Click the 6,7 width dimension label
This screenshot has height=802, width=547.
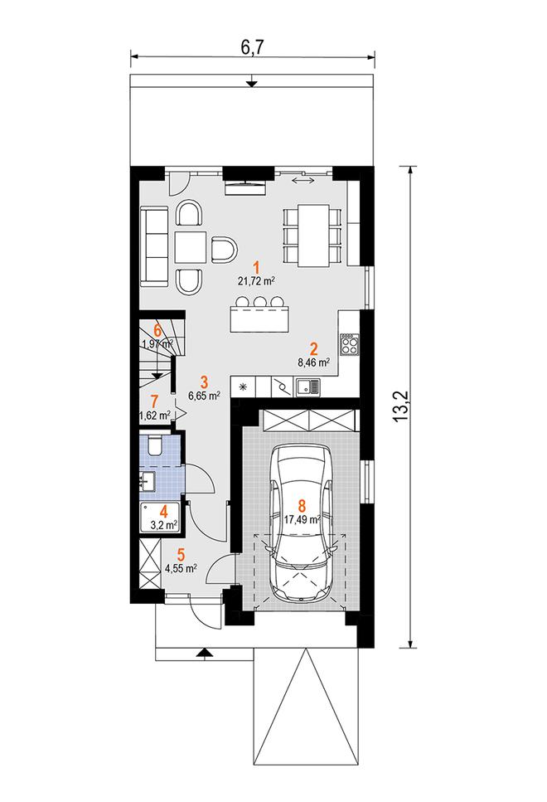pyautogui.click(x=252, y=47)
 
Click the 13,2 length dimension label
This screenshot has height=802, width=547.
pyautogui.click(x=402, y=406)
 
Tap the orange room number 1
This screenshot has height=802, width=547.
pyautogui.click(x=257, y=268)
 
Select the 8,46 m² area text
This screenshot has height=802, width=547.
pyautogui.click(x=313, y=362)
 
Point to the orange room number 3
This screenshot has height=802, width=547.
pyautogui.click(x=204, y=382)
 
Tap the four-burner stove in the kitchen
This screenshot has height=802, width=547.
pyautogui.click(x=351, y=343)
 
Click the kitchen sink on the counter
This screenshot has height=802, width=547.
pyautogui.click(x=307, y=387)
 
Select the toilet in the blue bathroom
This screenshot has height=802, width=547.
pyautogui.click(x=154, y=445)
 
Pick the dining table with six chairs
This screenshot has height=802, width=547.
pyautogui.click(x=312, y=236)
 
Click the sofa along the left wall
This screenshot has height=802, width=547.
pyautogui.click(x=154, y=246)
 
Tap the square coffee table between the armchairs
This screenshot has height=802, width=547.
pyautogui.click(x=190, y=247)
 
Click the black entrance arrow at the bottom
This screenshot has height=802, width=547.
pyautogui.click(x=203, y=652)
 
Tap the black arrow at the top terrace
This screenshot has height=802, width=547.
pyautogui.click(x=251, y=83)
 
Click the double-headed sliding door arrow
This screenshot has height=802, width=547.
pyautogui.click(x=304, y=180)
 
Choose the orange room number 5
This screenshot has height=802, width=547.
pyautogui.click(x=181, y=555)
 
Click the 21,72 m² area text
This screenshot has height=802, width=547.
pyautogui.click(x=257, y=280)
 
